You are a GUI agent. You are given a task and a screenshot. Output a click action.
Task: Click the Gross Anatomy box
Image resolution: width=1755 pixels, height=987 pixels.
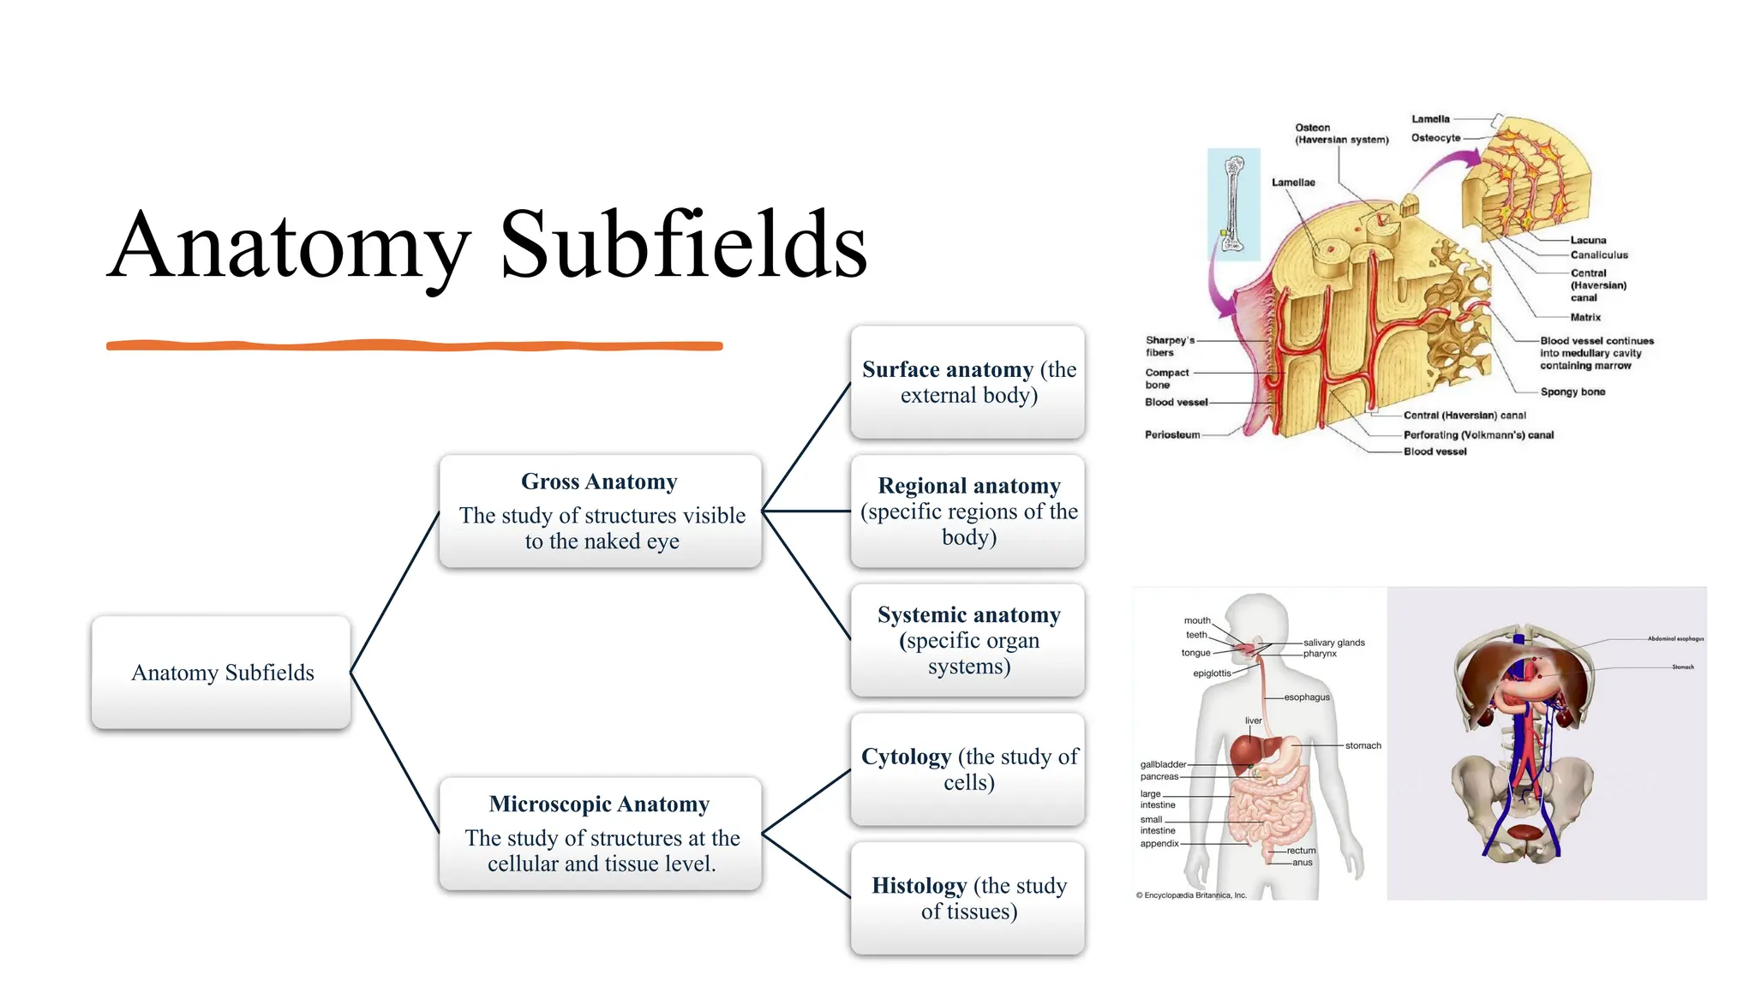click(600, 511)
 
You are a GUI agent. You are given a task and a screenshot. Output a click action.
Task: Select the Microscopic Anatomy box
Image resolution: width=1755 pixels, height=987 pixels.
click(600, 834)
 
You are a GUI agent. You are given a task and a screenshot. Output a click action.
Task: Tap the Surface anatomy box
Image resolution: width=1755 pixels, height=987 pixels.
click(968, 382)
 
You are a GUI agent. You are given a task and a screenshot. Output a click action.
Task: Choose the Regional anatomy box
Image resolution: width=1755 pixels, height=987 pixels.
click(968, 511)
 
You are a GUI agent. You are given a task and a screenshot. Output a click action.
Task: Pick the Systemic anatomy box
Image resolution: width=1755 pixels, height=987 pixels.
click(968, 640)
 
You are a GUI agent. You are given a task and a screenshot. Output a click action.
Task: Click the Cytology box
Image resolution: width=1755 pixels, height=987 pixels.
click(968, 769)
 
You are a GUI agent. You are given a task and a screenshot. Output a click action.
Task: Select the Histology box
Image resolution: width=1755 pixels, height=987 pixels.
click(968, 898)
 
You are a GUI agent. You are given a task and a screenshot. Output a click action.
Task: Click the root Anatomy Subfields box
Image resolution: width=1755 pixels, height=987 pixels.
click(222, 673)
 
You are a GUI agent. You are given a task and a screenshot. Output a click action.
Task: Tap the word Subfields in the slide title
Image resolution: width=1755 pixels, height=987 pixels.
click(683, 246)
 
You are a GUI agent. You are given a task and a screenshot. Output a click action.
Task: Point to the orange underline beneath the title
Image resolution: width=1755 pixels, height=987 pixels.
click(414, 345)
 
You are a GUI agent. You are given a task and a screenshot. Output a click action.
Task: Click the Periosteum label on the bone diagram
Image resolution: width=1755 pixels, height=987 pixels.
click(1172, 435)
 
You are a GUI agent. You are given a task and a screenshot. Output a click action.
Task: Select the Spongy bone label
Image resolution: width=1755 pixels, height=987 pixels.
click(1572, 392)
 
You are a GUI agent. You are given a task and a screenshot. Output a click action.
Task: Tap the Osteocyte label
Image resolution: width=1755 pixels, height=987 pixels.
click(1435, 138)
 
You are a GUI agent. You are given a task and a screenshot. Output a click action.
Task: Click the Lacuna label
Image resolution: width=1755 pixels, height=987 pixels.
click(1588, 241)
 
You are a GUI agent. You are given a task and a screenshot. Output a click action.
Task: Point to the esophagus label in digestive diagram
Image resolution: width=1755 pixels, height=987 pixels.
click(1307, 697)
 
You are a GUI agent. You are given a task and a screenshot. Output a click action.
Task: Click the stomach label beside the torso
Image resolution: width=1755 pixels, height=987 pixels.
click(1363, 746)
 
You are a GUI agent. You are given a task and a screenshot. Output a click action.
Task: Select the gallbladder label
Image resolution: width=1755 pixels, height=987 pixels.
click(1163, 765)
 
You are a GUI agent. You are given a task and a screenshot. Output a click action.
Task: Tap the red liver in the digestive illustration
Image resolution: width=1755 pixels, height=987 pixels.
click(1248, 752)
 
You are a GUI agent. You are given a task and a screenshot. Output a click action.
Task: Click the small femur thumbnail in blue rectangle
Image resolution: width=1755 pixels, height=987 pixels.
click(1233, 204)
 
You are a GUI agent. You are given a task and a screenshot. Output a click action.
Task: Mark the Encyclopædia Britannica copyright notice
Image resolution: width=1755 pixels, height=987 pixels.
click(1191, 895)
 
